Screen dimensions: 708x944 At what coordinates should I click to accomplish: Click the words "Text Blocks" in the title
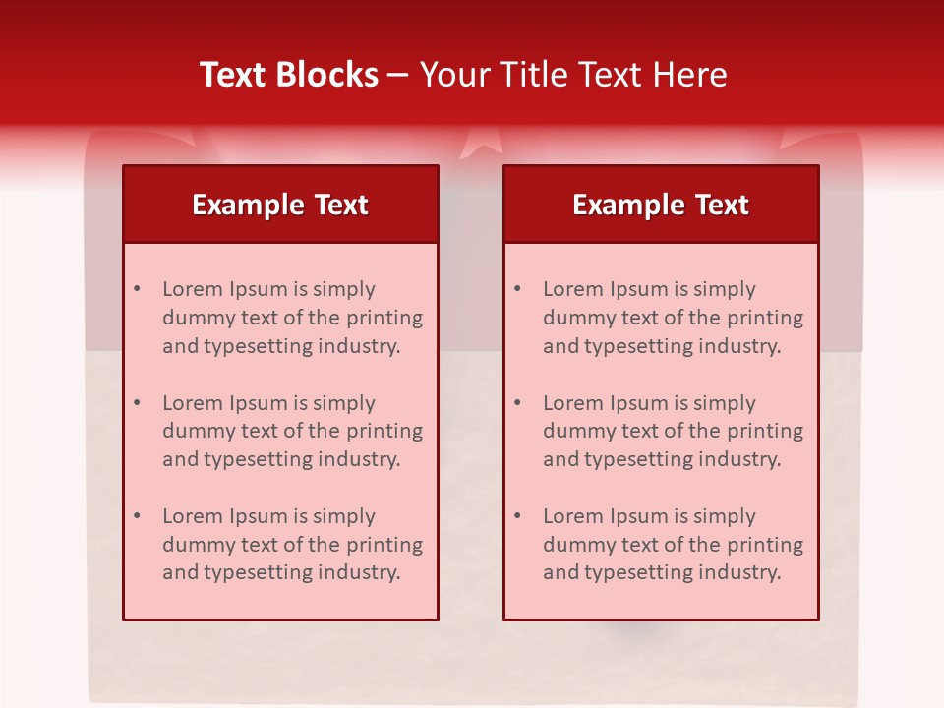[x=289, y=75]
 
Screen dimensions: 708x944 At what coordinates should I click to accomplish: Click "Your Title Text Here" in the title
[x=573, y=75]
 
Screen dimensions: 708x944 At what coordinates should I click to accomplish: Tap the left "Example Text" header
[x=280, y=205]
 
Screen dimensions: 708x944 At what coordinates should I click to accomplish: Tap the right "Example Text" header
[x=661, y=205]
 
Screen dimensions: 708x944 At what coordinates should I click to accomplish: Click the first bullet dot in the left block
[x=137, y=289]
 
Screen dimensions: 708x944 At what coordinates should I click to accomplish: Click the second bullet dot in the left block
[x=137, y=403]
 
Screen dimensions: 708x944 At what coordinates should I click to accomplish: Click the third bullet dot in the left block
[x=137, y=516]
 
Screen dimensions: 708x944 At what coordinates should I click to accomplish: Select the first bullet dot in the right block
[x=517, y=289]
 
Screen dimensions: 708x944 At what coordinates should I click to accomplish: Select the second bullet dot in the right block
[x=517, y=403]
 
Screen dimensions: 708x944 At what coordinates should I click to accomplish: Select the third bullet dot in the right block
[x=517, y=516]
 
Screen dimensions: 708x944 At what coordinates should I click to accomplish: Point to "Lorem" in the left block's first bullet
[x=193, y=289]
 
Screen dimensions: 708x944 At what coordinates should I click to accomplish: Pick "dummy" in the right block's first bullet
[x=576, y=318]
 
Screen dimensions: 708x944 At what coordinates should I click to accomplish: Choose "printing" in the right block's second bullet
[x=764, y=431]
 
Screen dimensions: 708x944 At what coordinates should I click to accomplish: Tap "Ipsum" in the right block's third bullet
[x=638, y=516]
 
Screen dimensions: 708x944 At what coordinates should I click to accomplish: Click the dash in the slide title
[x=398, y=75]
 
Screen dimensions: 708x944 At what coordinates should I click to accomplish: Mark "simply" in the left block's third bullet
[x=344, y=516]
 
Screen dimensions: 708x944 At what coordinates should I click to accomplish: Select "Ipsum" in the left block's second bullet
[x=258, y=403]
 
